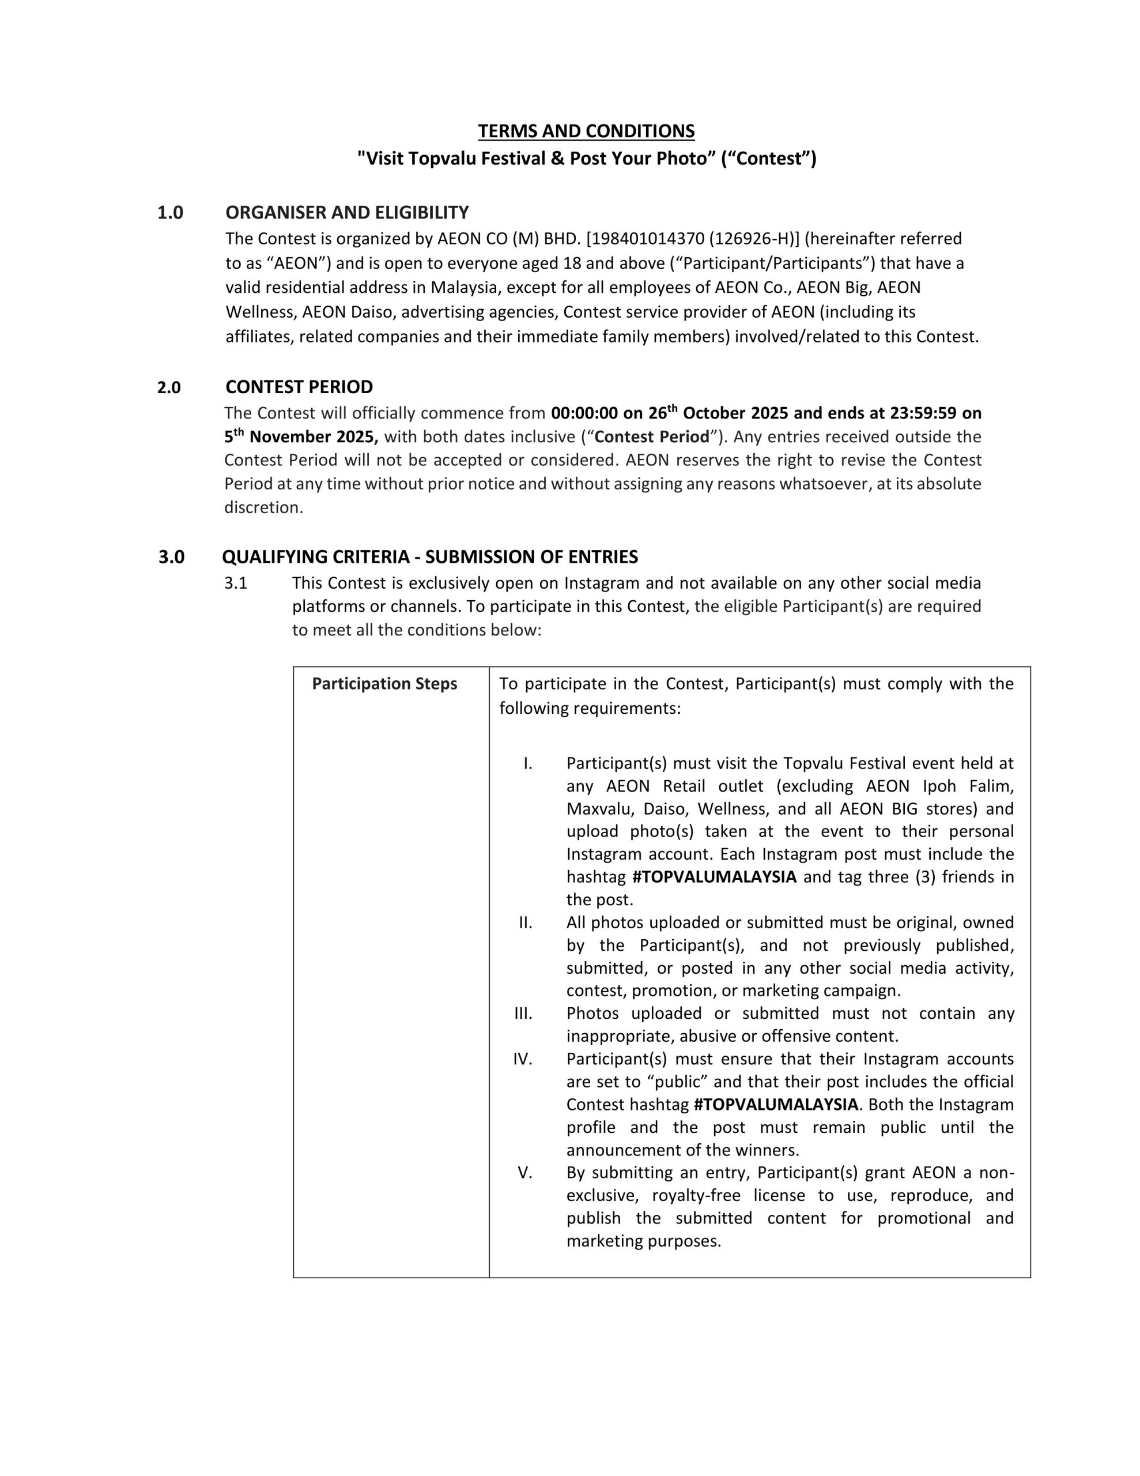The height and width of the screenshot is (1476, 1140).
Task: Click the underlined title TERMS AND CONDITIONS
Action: (586, 131)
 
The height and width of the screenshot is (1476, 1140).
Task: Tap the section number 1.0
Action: (170, 213)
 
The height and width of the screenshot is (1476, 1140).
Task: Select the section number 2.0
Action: (169, 388)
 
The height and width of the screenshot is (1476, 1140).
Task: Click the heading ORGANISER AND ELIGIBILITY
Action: (346, 213)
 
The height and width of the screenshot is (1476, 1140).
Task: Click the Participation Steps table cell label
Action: (384, 684)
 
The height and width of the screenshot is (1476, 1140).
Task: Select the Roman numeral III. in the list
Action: (523, 1014)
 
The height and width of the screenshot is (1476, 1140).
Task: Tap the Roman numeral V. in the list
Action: (525, 1173)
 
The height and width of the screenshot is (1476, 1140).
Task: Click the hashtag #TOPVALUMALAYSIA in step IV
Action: (776, 1104)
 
